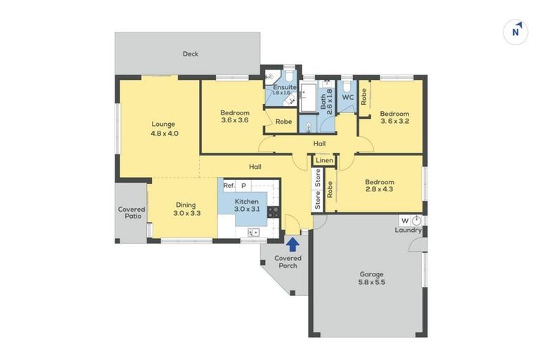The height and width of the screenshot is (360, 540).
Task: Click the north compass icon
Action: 515,32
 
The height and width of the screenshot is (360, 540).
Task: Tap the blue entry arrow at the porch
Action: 293,245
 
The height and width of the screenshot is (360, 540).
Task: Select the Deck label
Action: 191,53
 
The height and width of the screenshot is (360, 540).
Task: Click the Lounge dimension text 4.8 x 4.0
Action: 165,134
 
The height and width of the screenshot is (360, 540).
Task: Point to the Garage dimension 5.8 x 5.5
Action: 371,282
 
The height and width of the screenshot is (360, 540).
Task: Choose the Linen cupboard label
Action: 324,160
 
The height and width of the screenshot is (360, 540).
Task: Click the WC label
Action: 348,98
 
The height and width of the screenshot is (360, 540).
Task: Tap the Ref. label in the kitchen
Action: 229,186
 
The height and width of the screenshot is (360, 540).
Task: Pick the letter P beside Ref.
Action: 244,186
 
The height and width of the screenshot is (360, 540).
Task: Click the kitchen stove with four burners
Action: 274,212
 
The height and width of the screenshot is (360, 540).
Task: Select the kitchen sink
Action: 253,233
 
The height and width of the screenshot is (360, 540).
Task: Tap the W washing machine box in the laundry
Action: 405,221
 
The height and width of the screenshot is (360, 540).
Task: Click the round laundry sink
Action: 416,221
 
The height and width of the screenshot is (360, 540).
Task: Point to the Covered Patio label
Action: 131,212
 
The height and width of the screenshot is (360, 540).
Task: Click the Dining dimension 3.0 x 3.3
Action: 187,213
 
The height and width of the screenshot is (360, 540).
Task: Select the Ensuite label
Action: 285,87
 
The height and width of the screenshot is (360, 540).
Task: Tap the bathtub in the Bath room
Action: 308,98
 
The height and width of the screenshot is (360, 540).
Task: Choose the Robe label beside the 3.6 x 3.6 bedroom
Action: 284,122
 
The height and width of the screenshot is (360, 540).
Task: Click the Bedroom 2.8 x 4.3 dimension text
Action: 380,189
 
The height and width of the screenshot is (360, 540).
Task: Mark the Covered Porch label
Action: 288,262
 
